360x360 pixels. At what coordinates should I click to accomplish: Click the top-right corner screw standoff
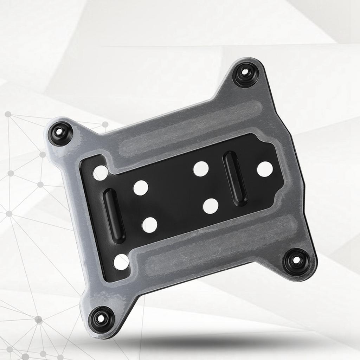pos(246,74)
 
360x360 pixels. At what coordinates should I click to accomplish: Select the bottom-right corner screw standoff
pos(296,261)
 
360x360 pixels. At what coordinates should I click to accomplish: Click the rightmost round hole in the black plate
pos(265,169)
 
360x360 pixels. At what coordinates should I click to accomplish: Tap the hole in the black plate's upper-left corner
pos(101,173)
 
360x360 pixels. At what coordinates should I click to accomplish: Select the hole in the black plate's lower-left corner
pos(121,262)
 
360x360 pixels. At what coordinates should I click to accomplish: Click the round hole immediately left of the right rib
pos(201,169)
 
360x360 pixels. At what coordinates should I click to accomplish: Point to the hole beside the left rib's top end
pos(140,188)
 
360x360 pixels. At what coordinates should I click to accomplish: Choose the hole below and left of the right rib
pos(210,206)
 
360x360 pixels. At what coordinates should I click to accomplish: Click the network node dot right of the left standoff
pos(105,124)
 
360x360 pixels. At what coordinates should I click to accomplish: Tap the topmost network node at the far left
pos(8,114)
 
